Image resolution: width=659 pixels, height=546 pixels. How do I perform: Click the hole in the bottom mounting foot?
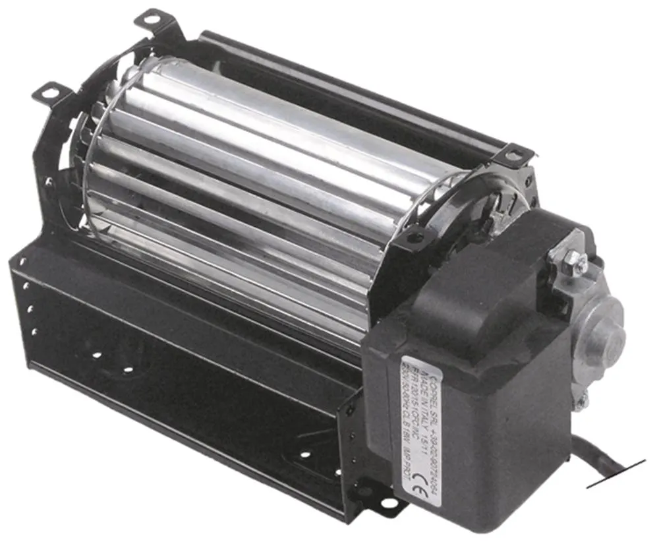389,504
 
